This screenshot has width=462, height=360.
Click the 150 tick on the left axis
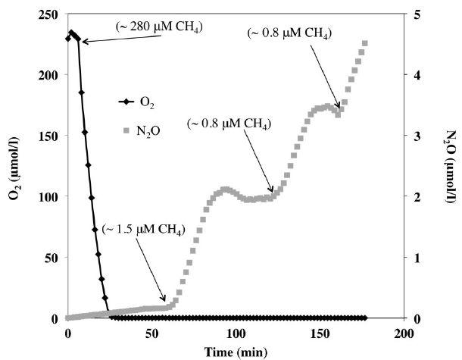[x=49, y=136]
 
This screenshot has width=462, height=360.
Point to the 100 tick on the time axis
[x=236, y=333]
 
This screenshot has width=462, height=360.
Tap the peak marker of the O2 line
[x=72, y=33]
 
